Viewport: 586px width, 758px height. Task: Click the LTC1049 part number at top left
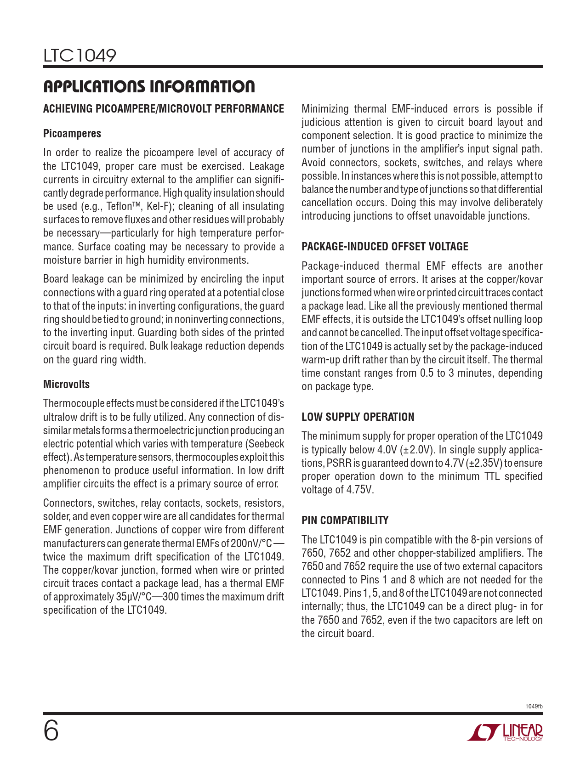(80, 56)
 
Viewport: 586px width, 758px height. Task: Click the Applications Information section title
(149, 86)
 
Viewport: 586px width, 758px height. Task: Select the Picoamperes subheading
(72, 134)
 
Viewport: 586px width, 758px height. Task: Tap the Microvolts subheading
(67, 385)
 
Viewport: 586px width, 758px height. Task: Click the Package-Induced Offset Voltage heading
(385, 247)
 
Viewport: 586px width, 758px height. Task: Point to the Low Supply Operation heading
(358, 417)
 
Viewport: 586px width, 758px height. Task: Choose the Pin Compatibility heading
(345, 520)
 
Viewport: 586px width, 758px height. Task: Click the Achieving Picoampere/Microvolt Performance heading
(164, 109)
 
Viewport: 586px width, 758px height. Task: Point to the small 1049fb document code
(534, 707)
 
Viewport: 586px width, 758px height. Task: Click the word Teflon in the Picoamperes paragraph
(120, 206)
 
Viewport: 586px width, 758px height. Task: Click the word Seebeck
(266, 444)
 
